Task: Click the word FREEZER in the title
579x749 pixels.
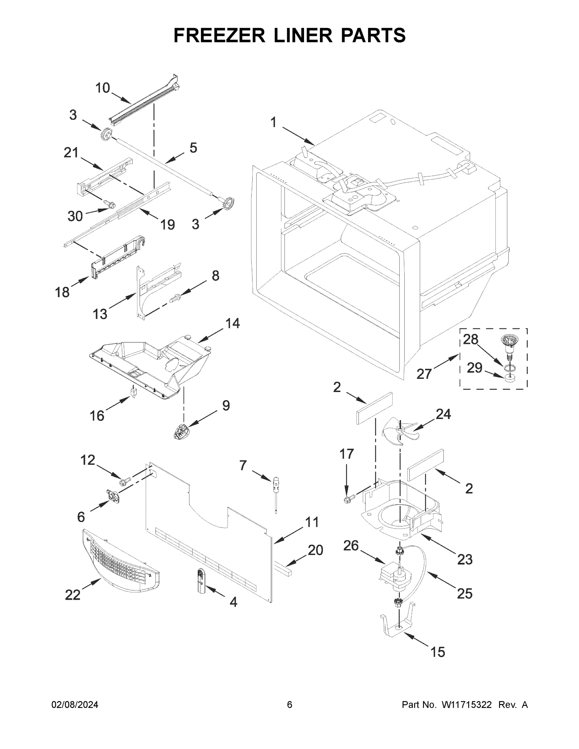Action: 219,35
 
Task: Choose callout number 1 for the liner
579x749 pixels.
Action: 273,122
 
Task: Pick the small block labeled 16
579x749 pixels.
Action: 133,392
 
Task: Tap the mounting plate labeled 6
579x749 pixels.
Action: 113,496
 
